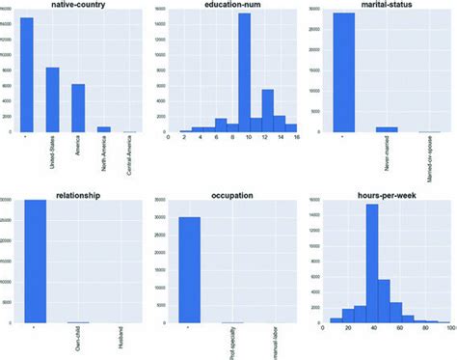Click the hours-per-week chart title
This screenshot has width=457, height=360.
pos(388,194)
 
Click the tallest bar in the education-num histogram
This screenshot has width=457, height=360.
pos(244,72)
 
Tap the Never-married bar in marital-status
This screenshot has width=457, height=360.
pos(386,129)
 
